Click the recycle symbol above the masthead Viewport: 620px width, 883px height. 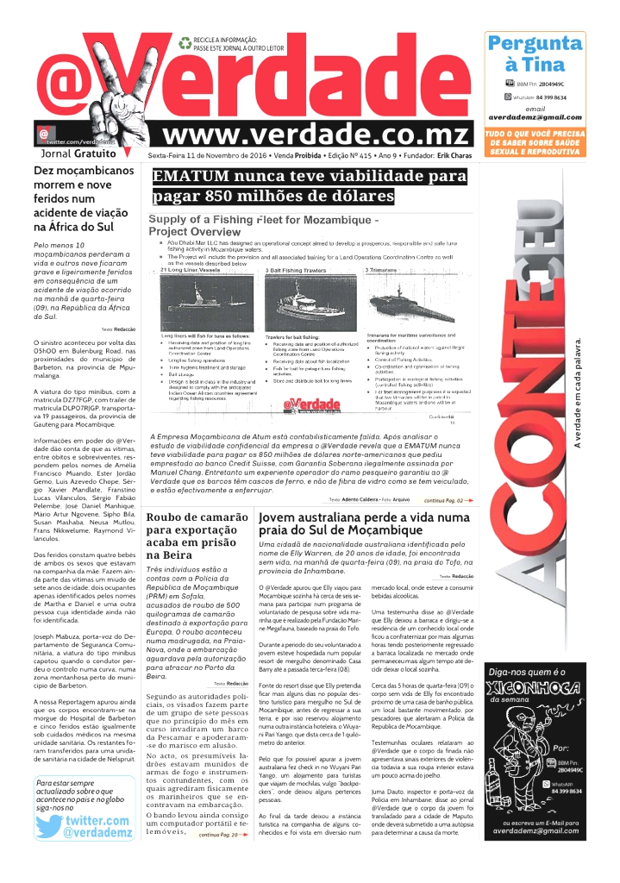185,42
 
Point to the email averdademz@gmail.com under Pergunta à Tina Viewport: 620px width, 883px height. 535,117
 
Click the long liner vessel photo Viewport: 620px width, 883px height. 209,301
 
